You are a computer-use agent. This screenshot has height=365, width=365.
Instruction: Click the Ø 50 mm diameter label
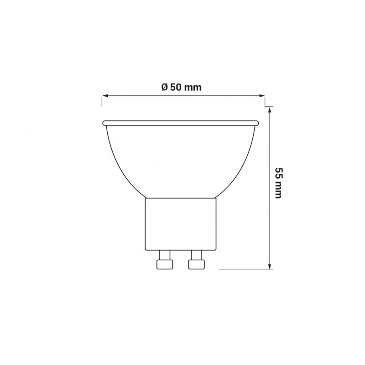(x=181, y=87)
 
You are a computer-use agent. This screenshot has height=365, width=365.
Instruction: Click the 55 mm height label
(x=278, y=183)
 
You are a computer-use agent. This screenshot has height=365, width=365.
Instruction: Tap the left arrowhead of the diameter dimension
(x=105, y=95)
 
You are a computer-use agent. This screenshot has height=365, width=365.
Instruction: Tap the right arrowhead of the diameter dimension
(x=262, y=95)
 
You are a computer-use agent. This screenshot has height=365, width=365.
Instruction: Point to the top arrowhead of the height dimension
(x=270, y=110)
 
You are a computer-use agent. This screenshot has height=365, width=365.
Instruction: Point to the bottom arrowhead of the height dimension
(x=270, y=266)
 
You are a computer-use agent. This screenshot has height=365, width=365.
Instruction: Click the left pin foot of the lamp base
(x=165, y=265)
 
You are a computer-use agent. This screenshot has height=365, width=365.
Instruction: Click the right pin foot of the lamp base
(x=197, y=265)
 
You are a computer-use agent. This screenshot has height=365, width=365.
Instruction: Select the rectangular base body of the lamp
(x=181, y=224)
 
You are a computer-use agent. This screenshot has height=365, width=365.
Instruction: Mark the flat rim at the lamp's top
(x=181, y=123)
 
